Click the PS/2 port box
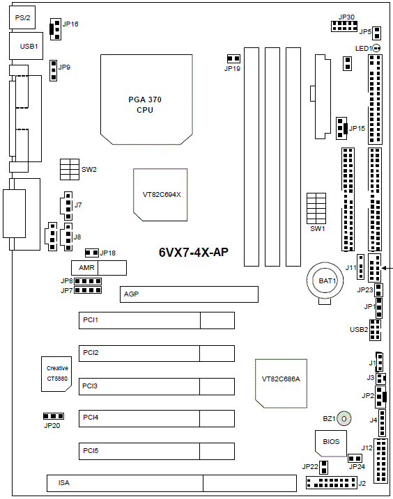(x=22, y=17)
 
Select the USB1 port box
(x=26, y=46)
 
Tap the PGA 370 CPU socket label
(x=145, y=104)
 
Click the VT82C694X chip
(x=160, y=195)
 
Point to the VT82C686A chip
(x=281, y=383)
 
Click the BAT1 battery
(x=325, y=280)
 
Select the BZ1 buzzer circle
(x=344, y=418)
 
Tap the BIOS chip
(x=331, y=443)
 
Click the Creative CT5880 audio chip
(x=56, y=374)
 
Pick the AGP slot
(x=189, y=294)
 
